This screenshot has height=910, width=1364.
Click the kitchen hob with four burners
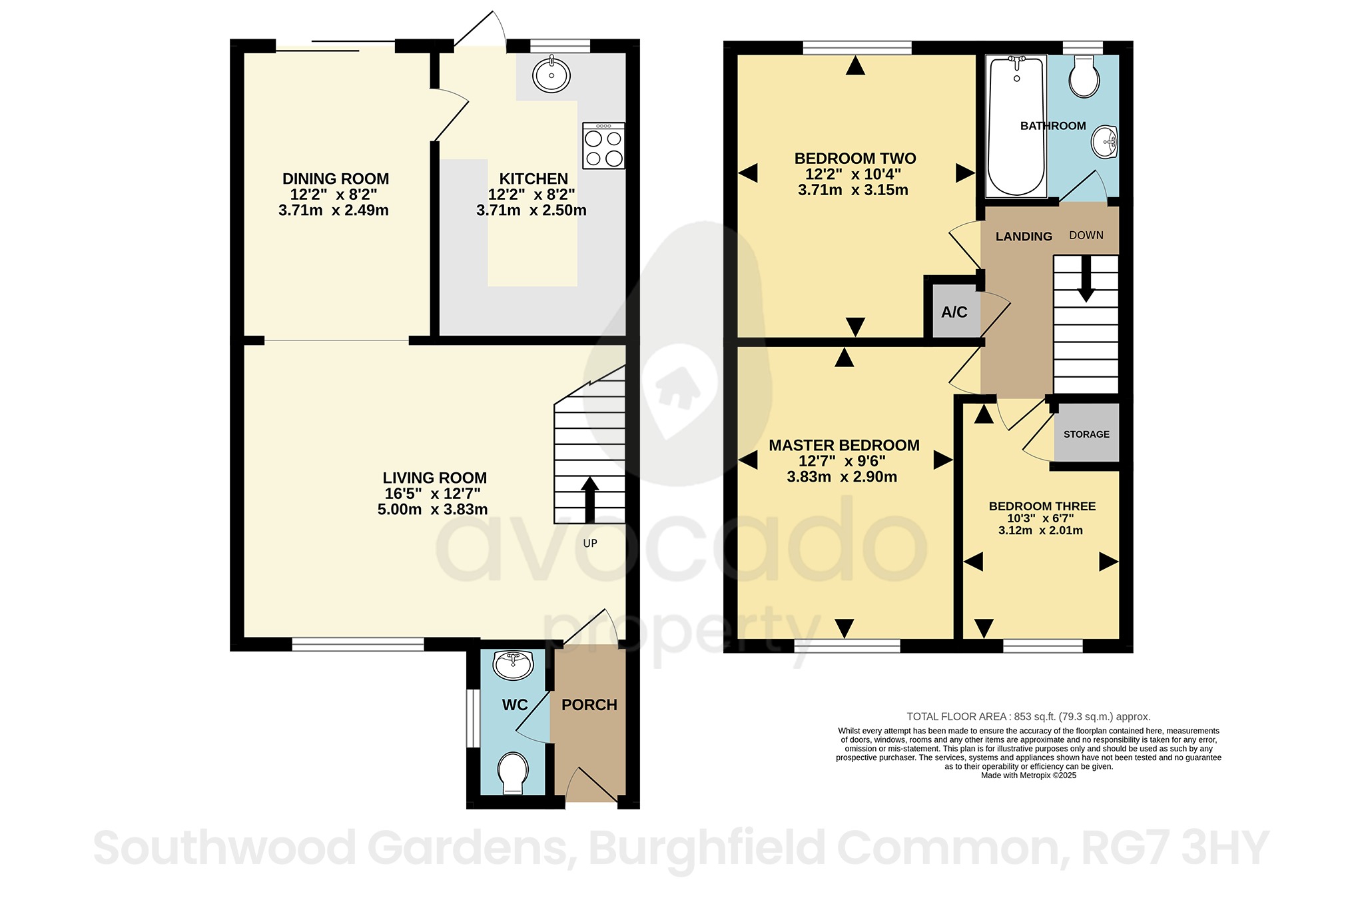[603, 145]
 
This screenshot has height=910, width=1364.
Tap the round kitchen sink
[551, 75]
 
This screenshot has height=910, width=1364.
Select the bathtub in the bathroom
[1016, 127]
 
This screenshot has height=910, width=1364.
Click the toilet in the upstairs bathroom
[1084, 77]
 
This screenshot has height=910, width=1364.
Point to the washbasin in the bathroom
[1106, 142]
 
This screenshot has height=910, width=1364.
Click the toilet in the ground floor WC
[513, 773]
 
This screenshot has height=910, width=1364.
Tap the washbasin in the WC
[513, 664]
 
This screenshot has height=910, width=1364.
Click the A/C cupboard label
[954, 312]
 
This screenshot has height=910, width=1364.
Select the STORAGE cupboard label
[1086, 434]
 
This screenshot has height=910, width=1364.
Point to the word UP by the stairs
[590, 543]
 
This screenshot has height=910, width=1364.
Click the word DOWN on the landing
[1086, 235]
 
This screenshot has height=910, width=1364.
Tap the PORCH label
[589, 705]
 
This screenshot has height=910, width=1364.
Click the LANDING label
[1024, 236]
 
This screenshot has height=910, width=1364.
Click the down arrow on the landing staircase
[1086, 280]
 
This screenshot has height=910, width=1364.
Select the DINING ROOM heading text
[336, 179]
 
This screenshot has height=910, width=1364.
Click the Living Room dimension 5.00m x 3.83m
[432, 510]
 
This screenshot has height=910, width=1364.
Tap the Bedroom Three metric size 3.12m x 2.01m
[1040, 531]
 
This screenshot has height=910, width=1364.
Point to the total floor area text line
[1028, 717]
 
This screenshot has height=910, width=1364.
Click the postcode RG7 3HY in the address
[1175, 848]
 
